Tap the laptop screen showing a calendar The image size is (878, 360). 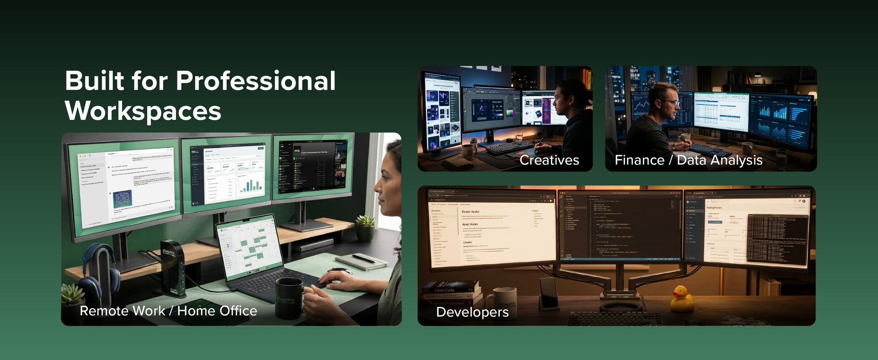(249, 245)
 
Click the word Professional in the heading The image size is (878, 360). (255, 81)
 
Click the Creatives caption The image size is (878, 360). (549, 160)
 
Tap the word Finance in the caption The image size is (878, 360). (639, 160)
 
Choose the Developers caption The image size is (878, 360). (472, 312)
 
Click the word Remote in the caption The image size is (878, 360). (103, 311)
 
